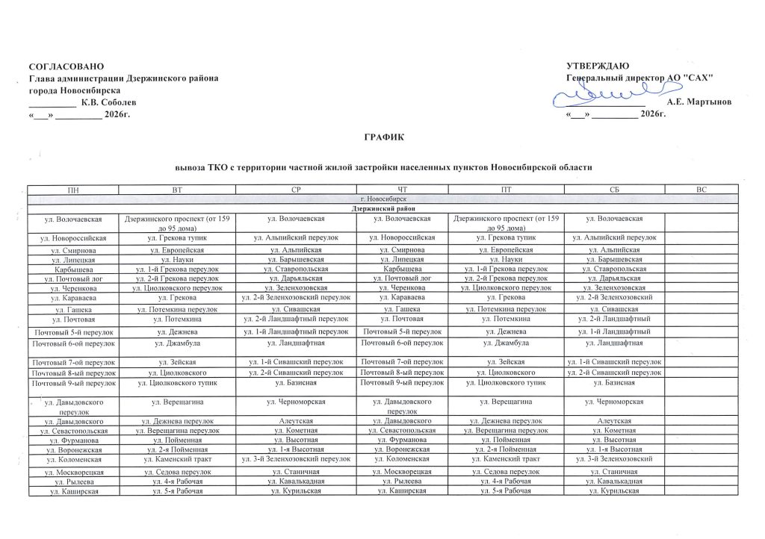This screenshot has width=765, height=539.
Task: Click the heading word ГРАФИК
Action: pyautogui.click(x=382, y=137)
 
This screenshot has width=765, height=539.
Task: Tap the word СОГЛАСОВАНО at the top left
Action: pyautogui.click(x=62, y=68)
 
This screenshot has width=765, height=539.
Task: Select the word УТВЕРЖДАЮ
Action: pyautogui.click(x=598, y=68)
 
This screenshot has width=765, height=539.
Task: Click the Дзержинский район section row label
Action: pyautogui.click(x=382, y=208)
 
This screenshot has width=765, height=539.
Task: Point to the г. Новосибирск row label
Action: pyautogui.click(x=382, y=199)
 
